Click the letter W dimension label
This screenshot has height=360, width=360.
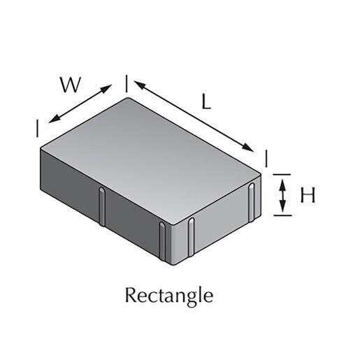71,85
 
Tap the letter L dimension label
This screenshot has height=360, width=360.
206,102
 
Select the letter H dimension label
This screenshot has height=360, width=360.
308,195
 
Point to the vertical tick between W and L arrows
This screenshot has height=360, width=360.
127,84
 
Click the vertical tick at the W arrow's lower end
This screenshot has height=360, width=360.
37,129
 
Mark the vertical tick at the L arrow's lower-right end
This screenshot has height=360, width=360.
266,159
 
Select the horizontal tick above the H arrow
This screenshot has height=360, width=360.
282,174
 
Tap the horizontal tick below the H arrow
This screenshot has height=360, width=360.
282,215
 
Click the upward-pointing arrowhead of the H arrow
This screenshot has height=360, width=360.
282,185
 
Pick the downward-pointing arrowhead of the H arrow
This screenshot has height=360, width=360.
282,206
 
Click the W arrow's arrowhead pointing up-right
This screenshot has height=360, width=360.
106,89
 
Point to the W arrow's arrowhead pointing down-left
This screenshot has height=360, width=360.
54,119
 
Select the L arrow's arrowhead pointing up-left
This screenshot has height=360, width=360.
139,85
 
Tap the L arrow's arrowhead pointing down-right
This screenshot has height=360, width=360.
247,147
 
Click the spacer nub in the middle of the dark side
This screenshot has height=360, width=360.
102,207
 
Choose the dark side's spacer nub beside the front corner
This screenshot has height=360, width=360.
162,240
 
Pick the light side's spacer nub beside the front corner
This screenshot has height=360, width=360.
191,237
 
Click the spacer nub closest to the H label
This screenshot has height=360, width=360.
252,202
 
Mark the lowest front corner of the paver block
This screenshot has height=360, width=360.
173,265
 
